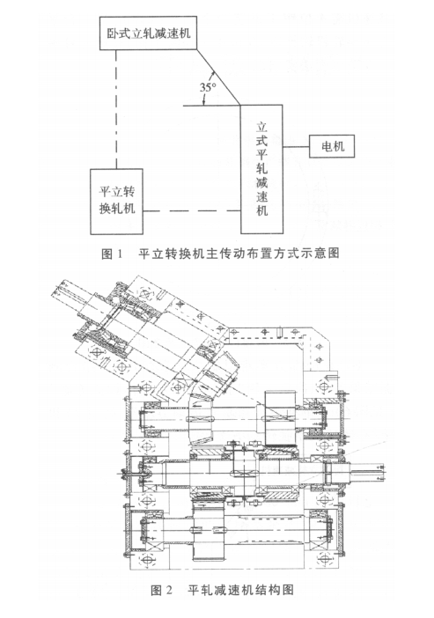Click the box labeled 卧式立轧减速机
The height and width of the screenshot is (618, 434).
(148, 33)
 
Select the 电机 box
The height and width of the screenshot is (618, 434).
(332, 146)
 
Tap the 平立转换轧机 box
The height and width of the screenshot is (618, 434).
(116, 202)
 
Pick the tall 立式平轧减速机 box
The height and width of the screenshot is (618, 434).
(261, 169)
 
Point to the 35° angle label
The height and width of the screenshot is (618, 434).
(208, 87)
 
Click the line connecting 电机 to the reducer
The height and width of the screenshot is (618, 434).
(296, 147)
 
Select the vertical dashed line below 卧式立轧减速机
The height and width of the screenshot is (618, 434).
(116, 109)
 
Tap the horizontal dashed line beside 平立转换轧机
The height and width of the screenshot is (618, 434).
(192, 211)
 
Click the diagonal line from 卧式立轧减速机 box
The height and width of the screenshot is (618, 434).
(219, 77)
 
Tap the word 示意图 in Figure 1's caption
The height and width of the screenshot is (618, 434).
(322, 253)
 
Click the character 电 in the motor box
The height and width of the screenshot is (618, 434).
(327, 147)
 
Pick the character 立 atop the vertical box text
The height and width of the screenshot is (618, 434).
(261, 127)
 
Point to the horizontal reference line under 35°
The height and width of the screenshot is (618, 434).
(212, 106)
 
